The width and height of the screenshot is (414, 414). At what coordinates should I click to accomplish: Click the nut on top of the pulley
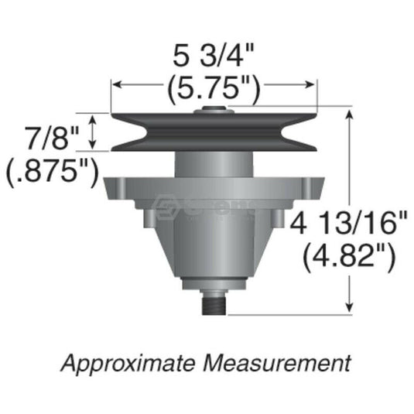[213, 111]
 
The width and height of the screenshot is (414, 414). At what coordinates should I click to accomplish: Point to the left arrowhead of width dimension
[116, 85]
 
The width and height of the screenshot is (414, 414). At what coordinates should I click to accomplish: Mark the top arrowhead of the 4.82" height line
[354, 113]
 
